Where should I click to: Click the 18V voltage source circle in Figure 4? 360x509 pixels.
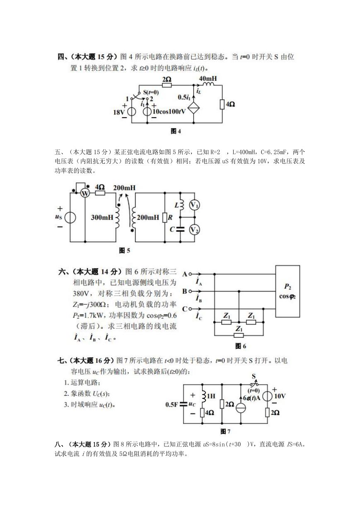pyautogui.click(x=132, y=111)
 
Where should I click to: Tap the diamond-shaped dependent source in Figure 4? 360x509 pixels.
pyautogui.click(x=193, y=108)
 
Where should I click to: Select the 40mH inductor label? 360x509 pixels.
pyautogui.click(x=208, y=79)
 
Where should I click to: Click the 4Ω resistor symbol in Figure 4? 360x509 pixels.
pyautogui.click(x=222, y=104)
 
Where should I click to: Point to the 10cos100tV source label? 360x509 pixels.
pyautogui.click(x=169, y=111)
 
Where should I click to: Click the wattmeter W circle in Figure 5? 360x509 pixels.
pyautogui.click(x=85, y=193)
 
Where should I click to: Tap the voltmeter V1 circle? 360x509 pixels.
pyautogui.click(x=194, y=205)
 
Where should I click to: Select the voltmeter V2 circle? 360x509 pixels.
pyautogui.click(x=194, y=230)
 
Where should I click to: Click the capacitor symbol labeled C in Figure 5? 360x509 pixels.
pyautogui.click(x=180, y=229)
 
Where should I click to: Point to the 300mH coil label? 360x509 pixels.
pyautogui.click(x=102, y=218)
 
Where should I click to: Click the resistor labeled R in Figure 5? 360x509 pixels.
pyautogui.click(x=165, y=218)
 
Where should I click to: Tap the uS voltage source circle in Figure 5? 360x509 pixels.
pyautogui.click(x=70, y=218)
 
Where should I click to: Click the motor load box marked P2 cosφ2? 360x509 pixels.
pyautogui.click(x=288, y=291)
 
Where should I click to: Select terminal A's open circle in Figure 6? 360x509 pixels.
pyautogui.click(x=190, y=274)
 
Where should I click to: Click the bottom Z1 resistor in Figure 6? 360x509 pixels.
pyautogui.click(x=239, y=335)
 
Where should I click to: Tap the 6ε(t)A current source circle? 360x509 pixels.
pyautogui.click(x=241, y=408)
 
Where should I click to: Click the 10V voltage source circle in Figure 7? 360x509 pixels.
pyautogui.click(x=267, y=396)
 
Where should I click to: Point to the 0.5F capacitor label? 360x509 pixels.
pyautogui.click(x=172, y=405)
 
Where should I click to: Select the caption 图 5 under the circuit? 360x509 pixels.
pyautogui.click(x=124, y=250)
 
